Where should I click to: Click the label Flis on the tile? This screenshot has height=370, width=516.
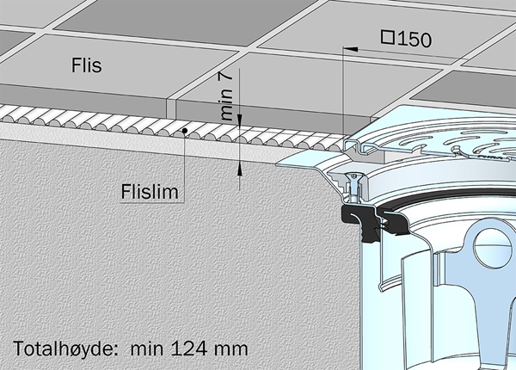tap(87, 65)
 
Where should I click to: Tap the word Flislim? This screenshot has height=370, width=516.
tap(150, 192)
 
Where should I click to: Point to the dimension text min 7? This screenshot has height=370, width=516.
tap(226, 96)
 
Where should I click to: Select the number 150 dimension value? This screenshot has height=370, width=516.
tap(415, 40)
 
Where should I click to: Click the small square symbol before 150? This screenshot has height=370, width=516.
tap(388, 37)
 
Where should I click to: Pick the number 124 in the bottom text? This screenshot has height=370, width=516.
tap(189, 348)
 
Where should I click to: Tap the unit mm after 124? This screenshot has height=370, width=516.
tap(231, 350)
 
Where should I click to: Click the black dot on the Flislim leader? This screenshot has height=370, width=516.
tap(185, 131)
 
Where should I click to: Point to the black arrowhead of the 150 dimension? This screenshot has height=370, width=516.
tap(351, 49)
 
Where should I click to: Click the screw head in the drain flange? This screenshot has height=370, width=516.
tap(353, 176)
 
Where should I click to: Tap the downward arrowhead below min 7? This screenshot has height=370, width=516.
tap(240, 120)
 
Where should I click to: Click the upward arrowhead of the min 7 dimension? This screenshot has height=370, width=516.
tap(240, 169)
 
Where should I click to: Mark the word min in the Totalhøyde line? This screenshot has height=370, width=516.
tap(147, 348)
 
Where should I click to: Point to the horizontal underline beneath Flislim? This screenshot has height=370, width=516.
tap(152, 202)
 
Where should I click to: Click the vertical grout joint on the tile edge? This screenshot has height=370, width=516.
tap(171, 108)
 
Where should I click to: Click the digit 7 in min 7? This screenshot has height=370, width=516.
tap(226, 77)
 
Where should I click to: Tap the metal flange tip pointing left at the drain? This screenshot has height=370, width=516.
tap(277, 163)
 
